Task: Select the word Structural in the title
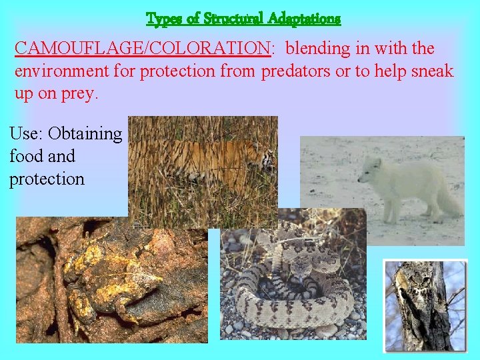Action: pos(228,19)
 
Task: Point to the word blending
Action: pos(319,49)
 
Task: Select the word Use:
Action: pos(25,134)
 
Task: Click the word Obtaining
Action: pos(85,134)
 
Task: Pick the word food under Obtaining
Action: pos(25,157)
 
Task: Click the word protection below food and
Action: pos(47,179)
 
